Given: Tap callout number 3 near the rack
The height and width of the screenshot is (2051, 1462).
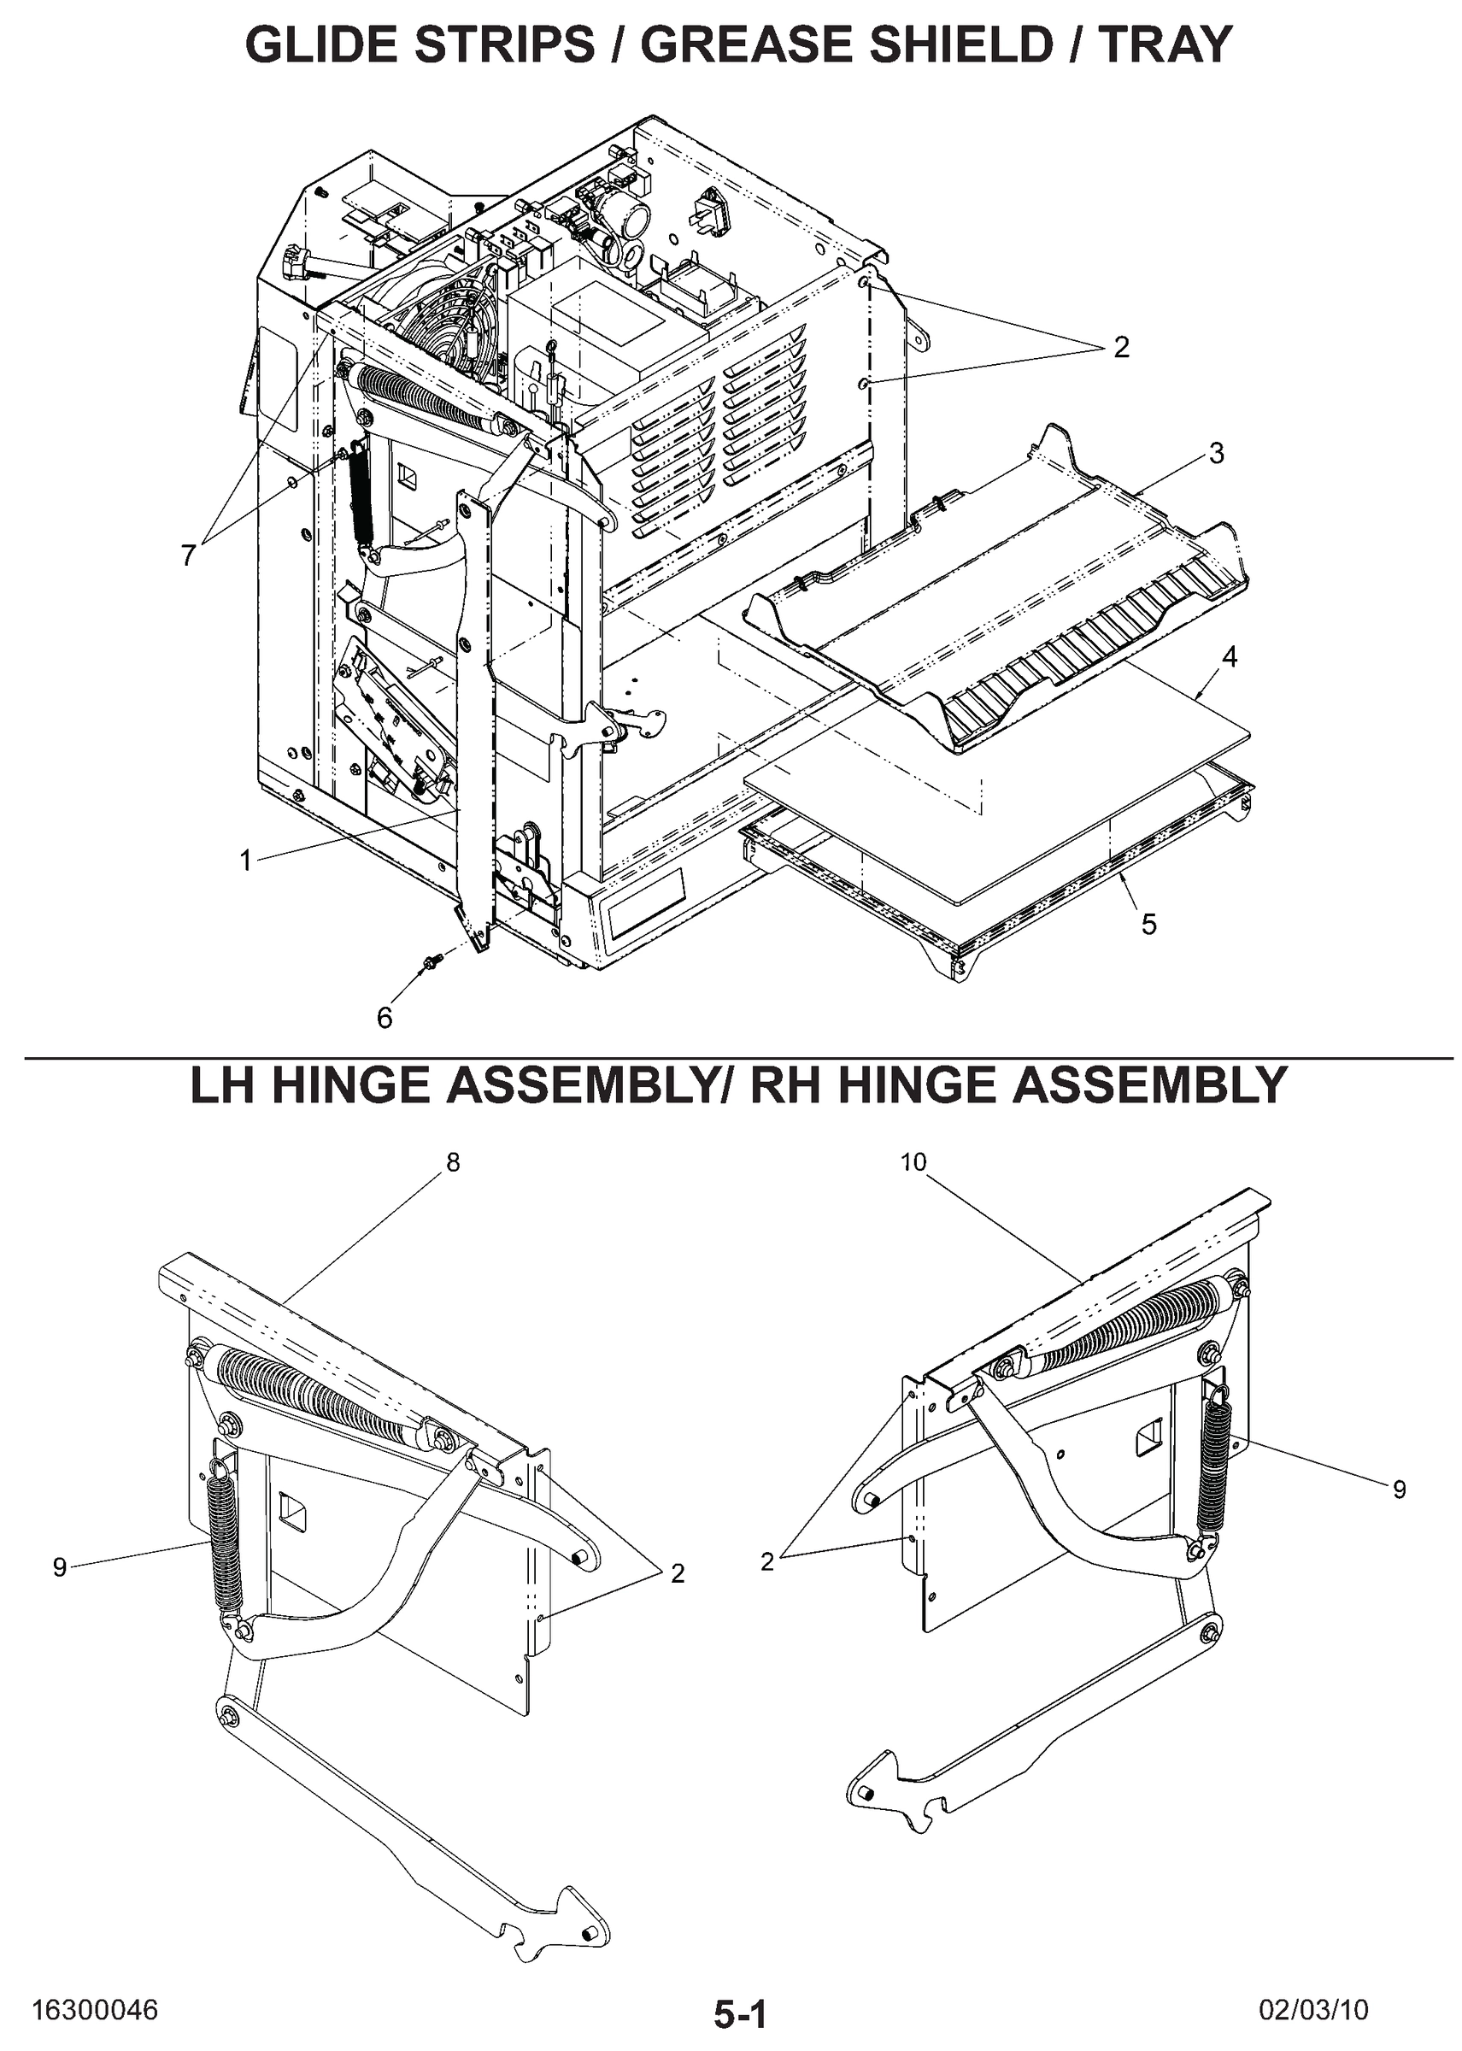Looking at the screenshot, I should (x=1216, y=454).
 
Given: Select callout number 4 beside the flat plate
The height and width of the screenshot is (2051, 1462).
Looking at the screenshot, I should (x=1229, y=657).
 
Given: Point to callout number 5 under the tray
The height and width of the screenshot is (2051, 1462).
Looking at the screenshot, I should (x=1148, y=925).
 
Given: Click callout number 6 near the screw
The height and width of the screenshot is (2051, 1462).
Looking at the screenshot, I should (x=385, y=1018).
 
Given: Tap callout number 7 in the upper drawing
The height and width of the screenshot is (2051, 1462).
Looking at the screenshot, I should (x=187, y=555).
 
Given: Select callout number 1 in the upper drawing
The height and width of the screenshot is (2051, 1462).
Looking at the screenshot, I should (x=245, y=861).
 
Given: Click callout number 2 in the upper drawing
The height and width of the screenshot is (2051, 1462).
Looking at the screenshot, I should (x=1121, y=348).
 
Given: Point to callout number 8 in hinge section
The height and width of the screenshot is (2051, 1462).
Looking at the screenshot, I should (x=453, y=1162).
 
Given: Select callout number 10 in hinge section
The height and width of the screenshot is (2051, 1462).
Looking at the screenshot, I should (x=913, y=1162).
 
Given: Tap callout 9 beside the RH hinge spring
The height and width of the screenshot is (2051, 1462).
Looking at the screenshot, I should (x=1399, y=1490).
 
